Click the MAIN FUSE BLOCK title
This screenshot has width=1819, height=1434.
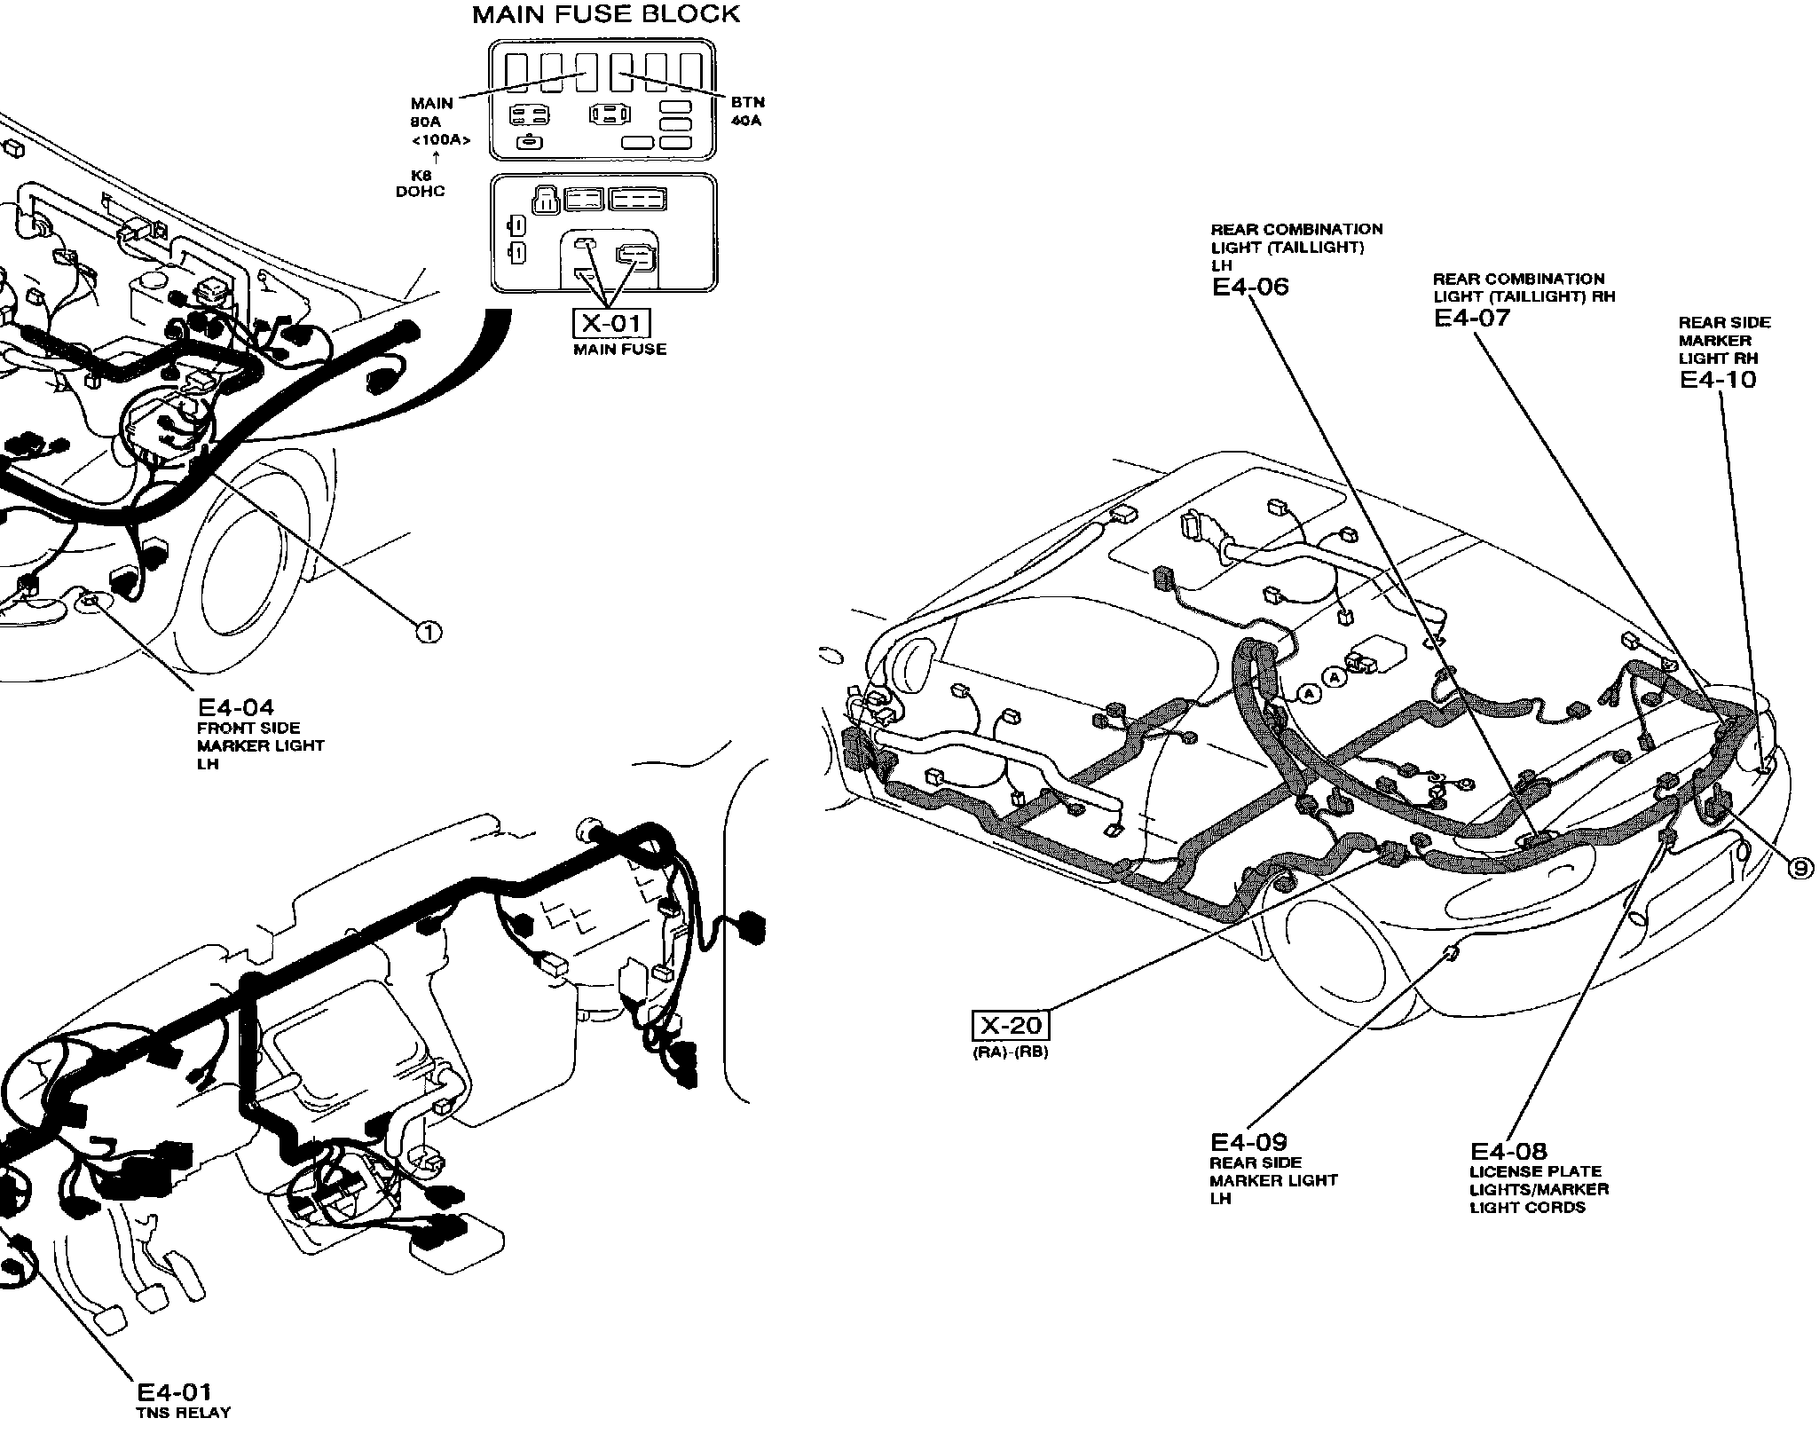click(x=606, y=14)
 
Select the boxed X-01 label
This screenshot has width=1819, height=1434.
click(x=611, y=323)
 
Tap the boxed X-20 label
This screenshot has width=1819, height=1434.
click(x=1011, y=1026)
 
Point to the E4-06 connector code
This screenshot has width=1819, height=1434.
click(x=1250, y=286)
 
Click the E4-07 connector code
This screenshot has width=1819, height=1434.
click(x=1472, y=318)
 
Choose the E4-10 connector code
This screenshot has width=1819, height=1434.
click(x=1718, y=379)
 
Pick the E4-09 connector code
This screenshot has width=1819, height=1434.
click(x=1248, y=1142)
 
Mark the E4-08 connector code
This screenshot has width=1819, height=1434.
click(x=1508, y=1151)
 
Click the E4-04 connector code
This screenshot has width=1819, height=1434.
click(x=235, y=707)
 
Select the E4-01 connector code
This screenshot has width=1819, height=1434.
click(x=174, y=1392)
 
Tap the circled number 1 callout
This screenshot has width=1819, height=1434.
click(x=429, y=631)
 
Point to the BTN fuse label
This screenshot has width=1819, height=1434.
click(x=748, y=103)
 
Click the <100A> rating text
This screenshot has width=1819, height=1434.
click(x=440, y=140)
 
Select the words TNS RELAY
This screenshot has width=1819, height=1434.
click(x=184, y=1414)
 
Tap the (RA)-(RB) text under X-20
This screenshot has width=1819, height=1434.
click(x=1011, y=1053)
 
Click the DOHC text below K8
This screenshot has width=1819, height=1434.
click(x=421, y=192)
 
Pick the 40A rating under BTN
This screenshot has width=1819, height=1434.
click(x=747, y=121)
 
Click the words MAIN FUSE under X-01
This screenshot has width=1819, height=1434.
click(x=619, y=350)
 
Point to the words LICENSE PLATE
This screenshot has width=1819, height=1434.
click(x=1535, y=1171)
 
